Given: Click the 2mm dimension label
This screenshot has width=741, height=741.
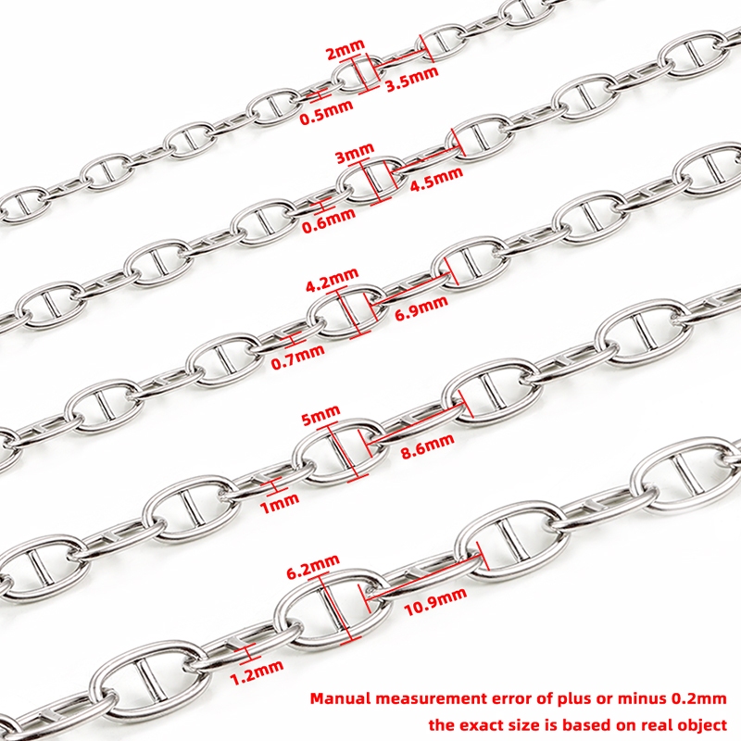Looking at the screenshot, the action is click(x=345, y=49).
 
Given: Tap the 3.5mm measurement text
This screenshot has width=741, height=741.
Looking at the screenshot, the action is click(x=412, y=79).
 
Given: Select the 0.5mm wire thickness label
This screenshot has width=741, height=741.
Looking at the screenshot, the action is click(x=327, y=112).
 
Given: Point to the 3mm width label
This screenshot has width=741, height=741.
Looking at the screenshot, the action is click(x=355, y=154).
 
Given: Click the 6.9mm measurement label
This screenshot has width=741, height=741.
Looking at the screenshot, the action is click(x=421, y=308).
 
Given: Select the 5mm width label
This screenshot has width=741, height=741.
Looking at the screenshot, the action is click(x=320, y=416).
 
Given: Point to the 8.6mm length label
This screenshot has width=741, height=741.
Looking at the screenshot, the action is click(x=427, y=446).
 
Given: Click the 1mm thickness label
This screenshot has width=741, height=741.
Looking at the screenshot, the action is click(x=280, y=504).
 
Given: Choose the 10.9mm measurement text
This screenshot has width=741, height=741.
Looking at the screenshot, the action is click(x=435, y=602).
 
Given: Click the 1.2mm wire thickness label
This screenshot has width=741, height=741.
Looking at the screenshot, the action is click(x=257, y=672).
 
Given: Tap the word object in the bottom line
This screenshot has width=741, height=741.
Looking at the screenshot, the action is click(x=700, y=724).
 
